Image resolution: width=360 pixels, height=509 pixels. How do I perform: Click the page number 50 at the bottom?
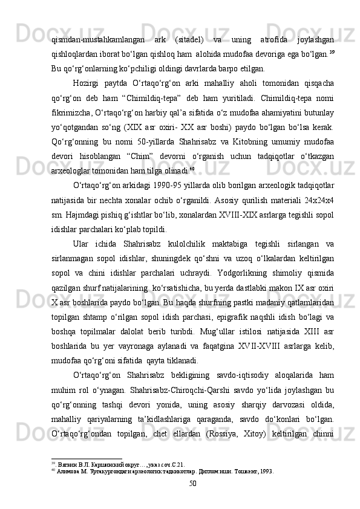pos(192,483)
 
